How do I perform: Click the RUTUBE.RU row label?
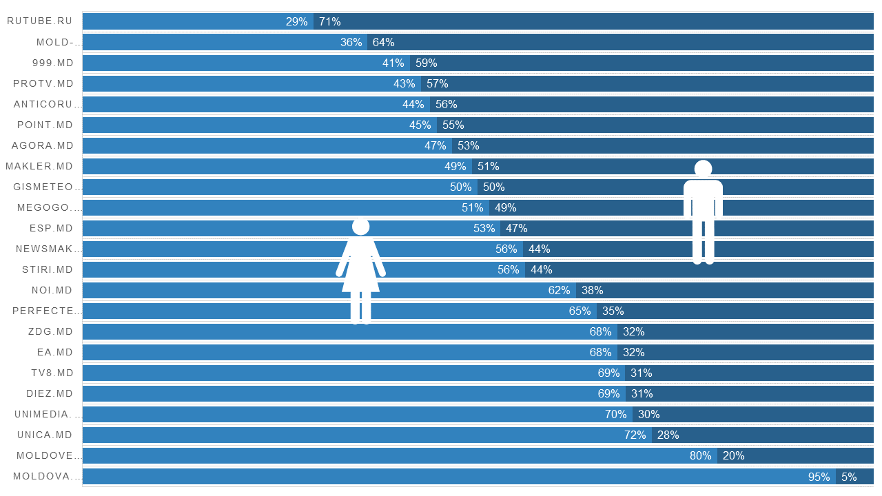click(40, 21)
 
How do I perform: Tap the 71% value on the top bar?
click(330, 21)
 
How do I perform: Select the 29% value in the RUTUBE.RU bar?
click(297, 21)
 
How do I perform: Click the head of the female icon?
click(360, 227)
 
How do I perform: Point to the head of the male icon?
click(703, 169)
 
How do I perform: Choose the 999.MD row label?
click(52, 63)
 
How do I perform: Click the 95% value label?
click(819, 476)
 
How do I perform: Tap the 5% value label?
click(849, 476)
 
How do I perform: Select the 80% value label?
click(701, 455)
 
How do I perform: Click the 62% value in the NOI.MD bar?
click(560, 290)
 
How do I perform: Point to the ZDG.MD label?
click(51, 331)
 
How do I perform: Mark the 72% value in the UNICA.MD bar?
click(635, 435)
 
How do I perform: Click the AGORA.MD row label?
click(43, 145)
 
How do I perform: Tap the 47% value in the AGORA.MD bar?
click(435, 145)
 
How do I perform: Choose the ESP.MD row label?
click(51, 228)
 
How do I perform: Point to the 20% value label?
click(734, 455)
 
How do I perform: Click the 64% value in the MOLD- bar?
click(384, 42)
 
